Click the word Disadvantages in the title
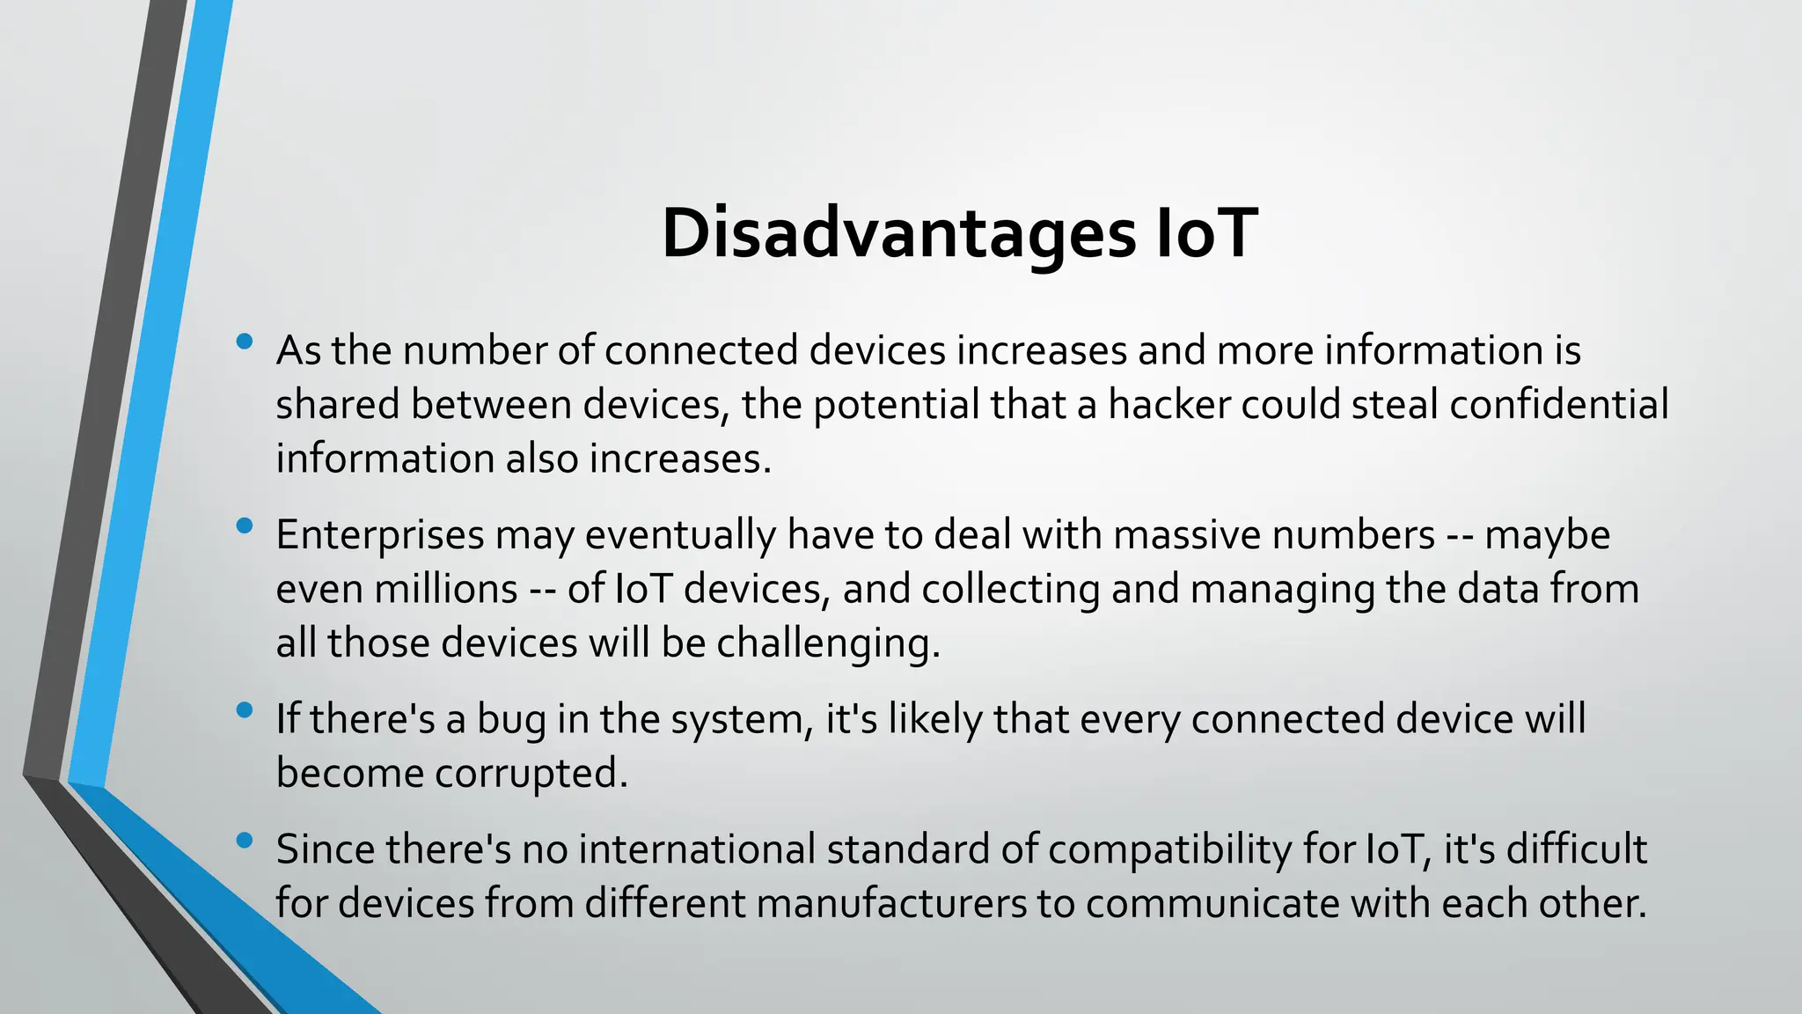(x=898, y=233)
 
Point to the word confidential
(x=1558, y=405)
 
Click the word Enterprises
(x=380, y=535)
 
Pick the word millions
(x=446, y=589)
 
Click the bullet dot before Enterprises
(x=245, y=526)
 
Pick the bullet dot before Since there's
(x=245, y=841)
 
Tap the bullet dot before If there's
(x=245, y=710)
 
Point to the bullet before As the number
(x=245, y=342)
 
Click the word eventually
(x=680, y=535)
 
